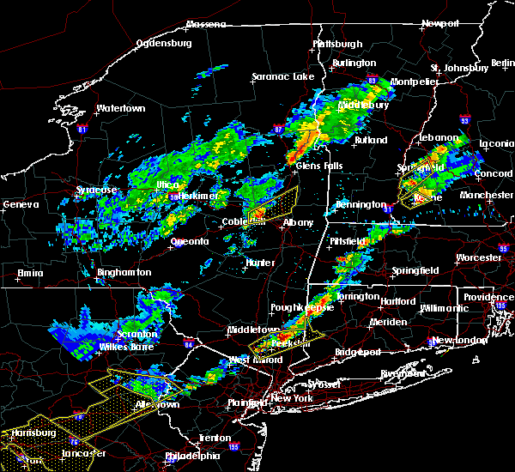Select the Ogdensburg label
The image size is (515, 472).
(165, 41)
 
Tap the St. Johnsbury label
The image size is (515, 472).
(458, 68)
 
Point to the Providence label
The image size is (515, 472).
(489, 297)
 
